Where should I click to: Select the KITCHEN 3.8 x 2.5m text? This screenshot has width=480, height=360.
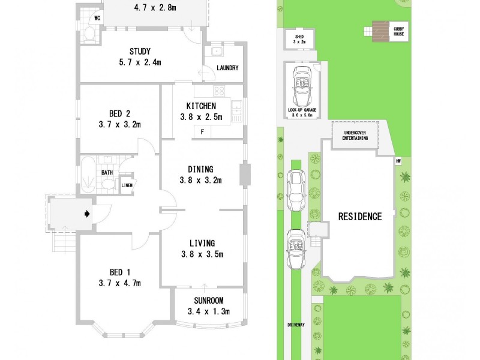[x=202, y=111]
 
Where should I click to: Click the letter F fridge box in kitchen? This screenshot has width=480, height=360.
[x=203, y=131]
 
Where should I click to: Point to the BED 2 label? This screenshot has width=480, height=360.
[x=120, y=119]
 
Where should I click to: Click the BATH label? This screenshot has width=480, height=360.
[x=107, y=173]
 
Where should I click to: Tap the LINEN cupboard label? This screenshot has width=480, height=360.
[x=127, y=185]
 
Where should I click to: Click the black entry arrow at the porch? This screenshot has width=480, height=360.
[x=88, y=213]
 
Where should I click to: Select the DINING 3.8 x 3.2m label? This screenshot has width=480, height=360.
[x=200, y=175]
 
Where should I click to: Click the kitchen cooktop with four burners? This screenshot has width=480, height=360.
[x=220, y=92]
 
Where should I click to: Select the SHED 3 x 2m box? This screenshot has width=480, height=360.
[x=299, y=39]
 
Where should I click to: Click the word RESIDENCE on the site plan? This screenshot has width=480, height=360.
[x=359, y=217]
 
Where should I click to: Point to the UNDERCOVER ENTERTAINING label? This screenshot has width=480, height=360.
[x=355, y=135]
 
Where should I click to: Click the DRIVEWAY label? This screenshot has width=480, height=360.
[x=296, y=325]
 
